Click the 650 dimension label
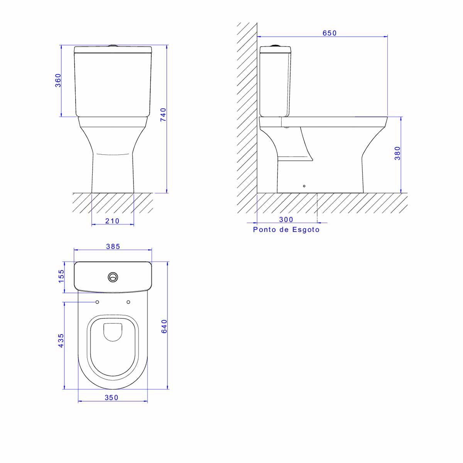coord(330,33)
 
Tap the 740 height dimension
coord(163,115)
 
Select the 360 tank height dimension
coord(58,80)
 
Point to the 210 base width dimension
coord(112,221)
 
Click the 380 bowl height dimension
coord(398,153)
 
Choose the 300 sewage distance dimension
coord(286,220)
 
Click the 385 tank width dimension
coord(113,246)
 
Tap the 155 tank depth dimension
coord(61,276)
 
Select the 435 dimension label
coord(61,340)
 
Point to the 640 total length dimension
coord(164,326)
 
